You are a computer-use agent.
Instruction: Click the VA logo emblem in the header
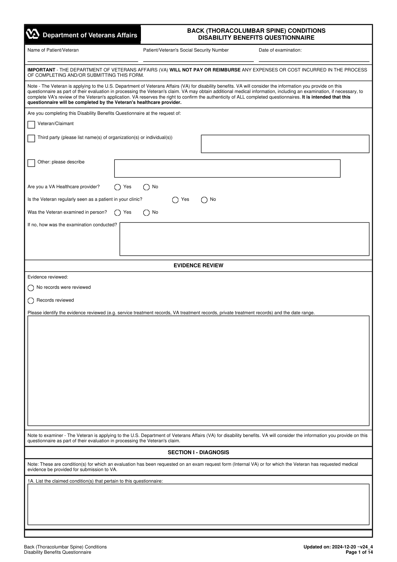[x=33, y=34]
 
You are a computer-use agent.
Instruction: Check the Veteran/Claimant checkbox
[x=31, y=125]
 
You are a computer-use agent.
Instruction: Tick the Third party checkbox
[x=31, y=138]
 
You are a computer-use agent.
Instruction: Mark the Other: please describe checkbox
[x=31, y=163]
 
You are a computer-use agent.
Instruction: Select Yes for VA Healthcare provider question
[x=117, y=187]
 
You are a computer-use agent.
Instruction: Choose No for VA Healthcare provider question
[x=146, y=187]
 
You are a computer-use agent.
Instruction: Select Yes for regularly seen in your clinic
[x=175, y=200]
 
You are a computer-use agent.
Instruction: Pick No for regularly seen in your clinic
[x=204, y=200]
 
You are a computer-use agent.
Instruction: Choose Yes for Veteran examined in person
[x=117, y=213]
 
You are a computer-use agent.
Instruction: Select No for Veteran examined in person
[x=146, y=213]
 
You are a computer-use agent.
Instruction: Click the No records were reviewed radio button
[x=31, y=288]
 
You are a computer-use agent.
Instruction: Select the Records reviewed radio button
[x=31, y=301]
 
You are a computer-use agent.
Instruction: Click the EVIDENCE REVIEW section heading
[x=198, y=266]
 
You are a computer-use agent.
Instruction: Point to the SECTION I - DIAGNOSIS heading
[x=198, y=453]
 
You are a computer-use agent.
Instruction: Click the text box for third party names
[x=285, y=144]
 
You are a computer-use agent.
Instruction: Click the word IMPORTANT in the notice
[x=41, y=70]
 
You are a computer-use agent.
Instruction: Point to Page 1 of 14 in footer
[x=359, y=552]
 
